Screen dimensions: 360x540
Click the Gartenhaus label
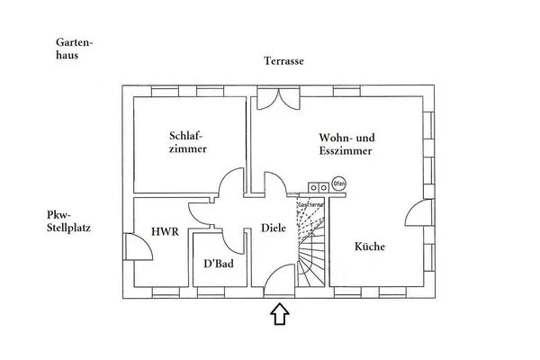point(74,49)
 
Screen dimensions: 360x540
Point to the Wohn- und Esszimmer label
point(346,144)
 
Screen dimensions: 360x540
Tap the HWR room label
point(165,232)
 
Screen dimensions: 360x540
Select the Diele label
point(273,229)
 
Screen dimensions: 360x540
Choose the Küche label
point(369,247)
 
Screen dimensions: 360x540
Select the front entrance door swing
point(280,279)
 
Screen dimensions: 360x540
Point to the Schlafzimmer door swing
point(230,184)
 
